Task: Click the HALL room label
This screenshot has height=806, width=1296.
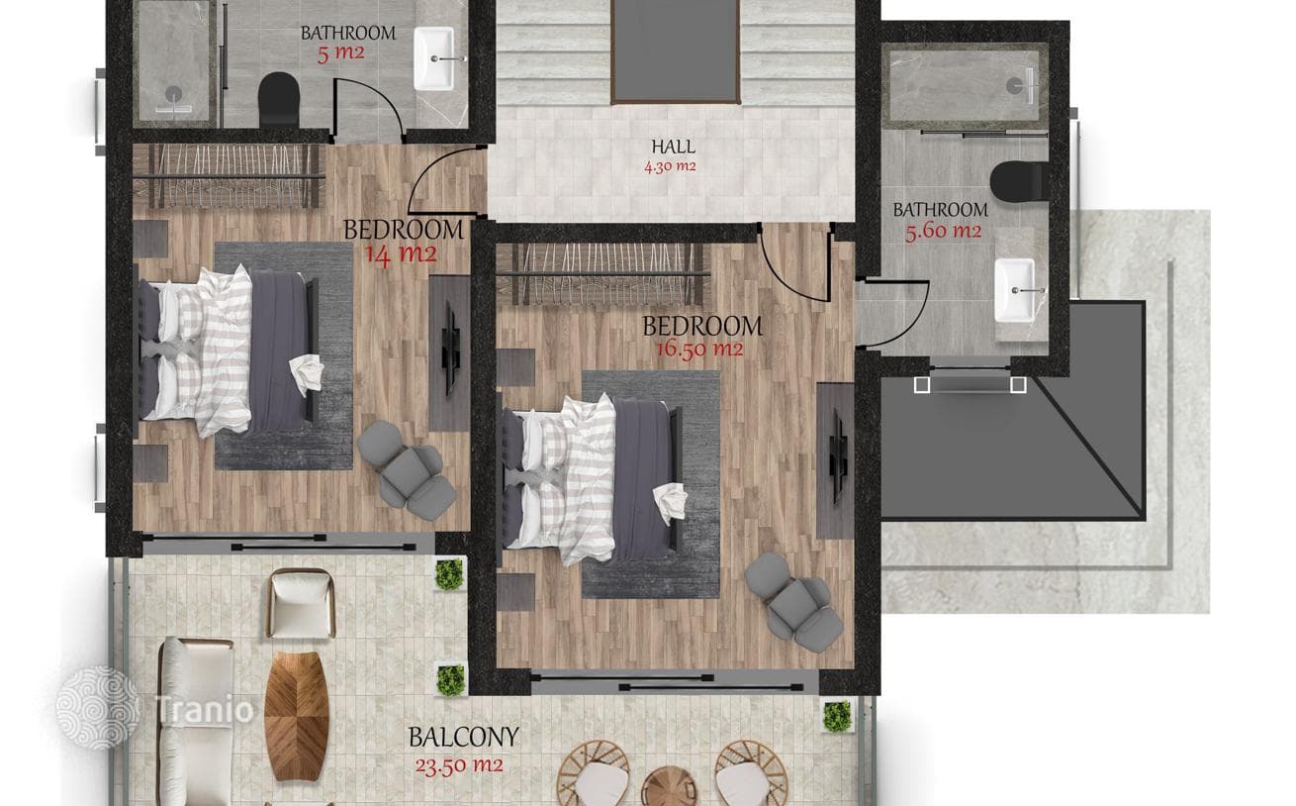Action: (673, 147)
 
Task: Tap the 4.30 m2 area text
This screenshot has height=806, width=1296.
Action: (670, 166)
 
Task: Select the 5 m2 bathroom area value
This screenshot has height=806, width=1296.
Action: (340, 53)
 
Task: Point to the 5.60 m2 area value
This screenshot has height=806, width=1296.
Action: (943, 232)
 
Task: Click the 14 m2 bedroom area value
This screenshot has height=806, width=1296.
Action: (401, 254)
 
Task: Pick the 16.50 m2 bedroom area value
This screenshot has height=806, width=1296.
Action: (699, 350)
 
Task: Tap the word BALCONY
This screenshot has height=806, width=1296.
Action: (464, 737)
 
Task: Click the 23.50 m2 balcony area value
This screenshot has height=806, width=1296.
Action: (459, 765)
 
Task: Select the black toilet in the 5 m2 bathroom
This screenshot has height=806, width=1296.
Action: (278, 100)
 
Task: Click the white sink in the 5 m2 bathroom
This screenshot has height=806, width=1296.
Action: (434, 58)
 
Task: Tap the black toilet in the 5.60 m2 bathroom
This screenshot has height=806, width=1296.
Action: (1018, 181)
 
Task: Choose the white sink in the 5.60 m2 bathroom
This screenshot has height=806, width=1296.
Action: (1014, 289)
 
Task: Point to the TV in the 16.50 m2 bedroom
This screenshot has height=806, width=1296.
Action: (837, 454)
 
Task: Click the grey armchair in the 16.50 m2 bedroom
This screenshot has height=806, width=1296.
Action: (793, 603)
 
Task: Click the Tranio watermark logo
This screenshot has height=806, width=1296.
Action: (155, 707)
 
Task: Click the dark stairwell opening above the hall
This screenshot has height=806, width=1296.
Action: (676, 50)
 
